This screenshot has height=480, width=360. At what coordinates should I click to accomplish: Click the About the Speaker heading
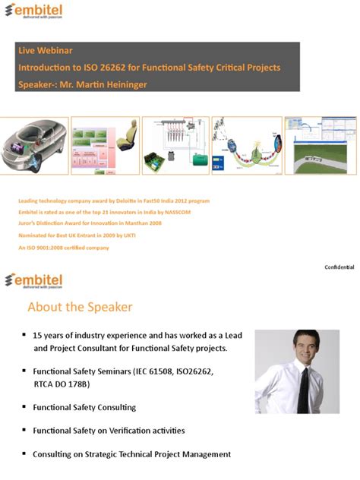point(80,308)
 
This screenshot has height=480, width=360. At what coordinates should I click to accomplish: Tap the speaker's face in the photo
point(295,347)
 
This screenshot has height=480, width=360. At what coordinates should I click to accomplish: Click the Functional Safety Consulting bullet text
point(84,407)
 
